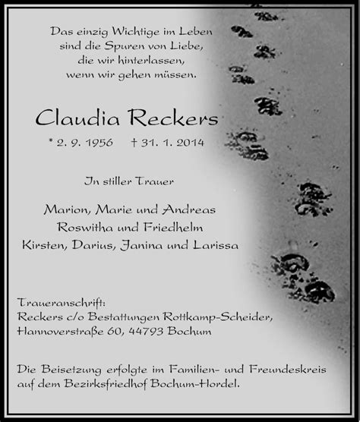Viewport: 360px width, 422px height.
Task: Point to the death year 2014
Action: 187,142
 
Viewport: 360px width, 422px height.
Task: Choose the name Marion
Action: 65,209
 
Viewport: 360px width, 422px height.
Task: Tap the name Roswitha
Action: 87,228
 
